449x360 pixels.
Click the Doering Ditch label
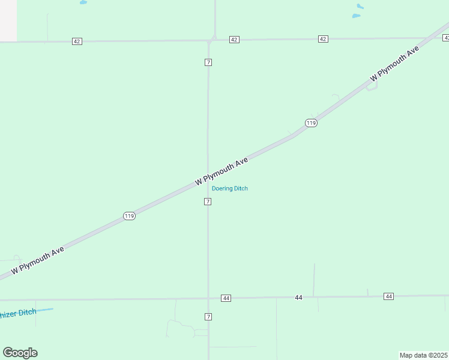(230, 188)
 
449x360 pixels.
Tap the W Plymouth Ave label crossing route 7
(221, 171)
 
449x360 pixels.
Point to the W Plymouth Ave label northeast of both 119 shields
(394, 65)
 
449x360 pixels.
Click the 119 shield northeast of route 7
(310, 123)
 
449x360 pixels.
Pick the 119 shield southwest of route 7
(129, 216)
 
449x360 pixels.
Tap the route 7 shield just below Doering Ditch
(208, 202)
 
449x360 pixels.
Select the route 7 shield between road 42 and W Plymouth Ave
(208, 62)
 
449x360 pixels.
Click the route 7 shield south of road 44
(208, 317)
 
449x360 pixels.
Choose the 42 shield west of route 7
(77, 41)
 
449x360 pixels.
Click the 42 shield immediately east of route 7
(234, 40)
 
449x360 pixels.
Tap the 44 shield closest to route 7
(226, 298)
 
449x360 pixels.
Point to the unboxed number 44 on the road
(299, 298)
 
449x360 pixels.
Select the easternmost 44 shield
(389, 296)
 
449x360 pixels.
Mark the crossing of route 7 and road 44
(208, 298)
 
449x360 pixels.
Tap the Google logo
(20, 353)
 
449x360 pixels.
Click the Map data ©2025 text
(424, 355)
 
